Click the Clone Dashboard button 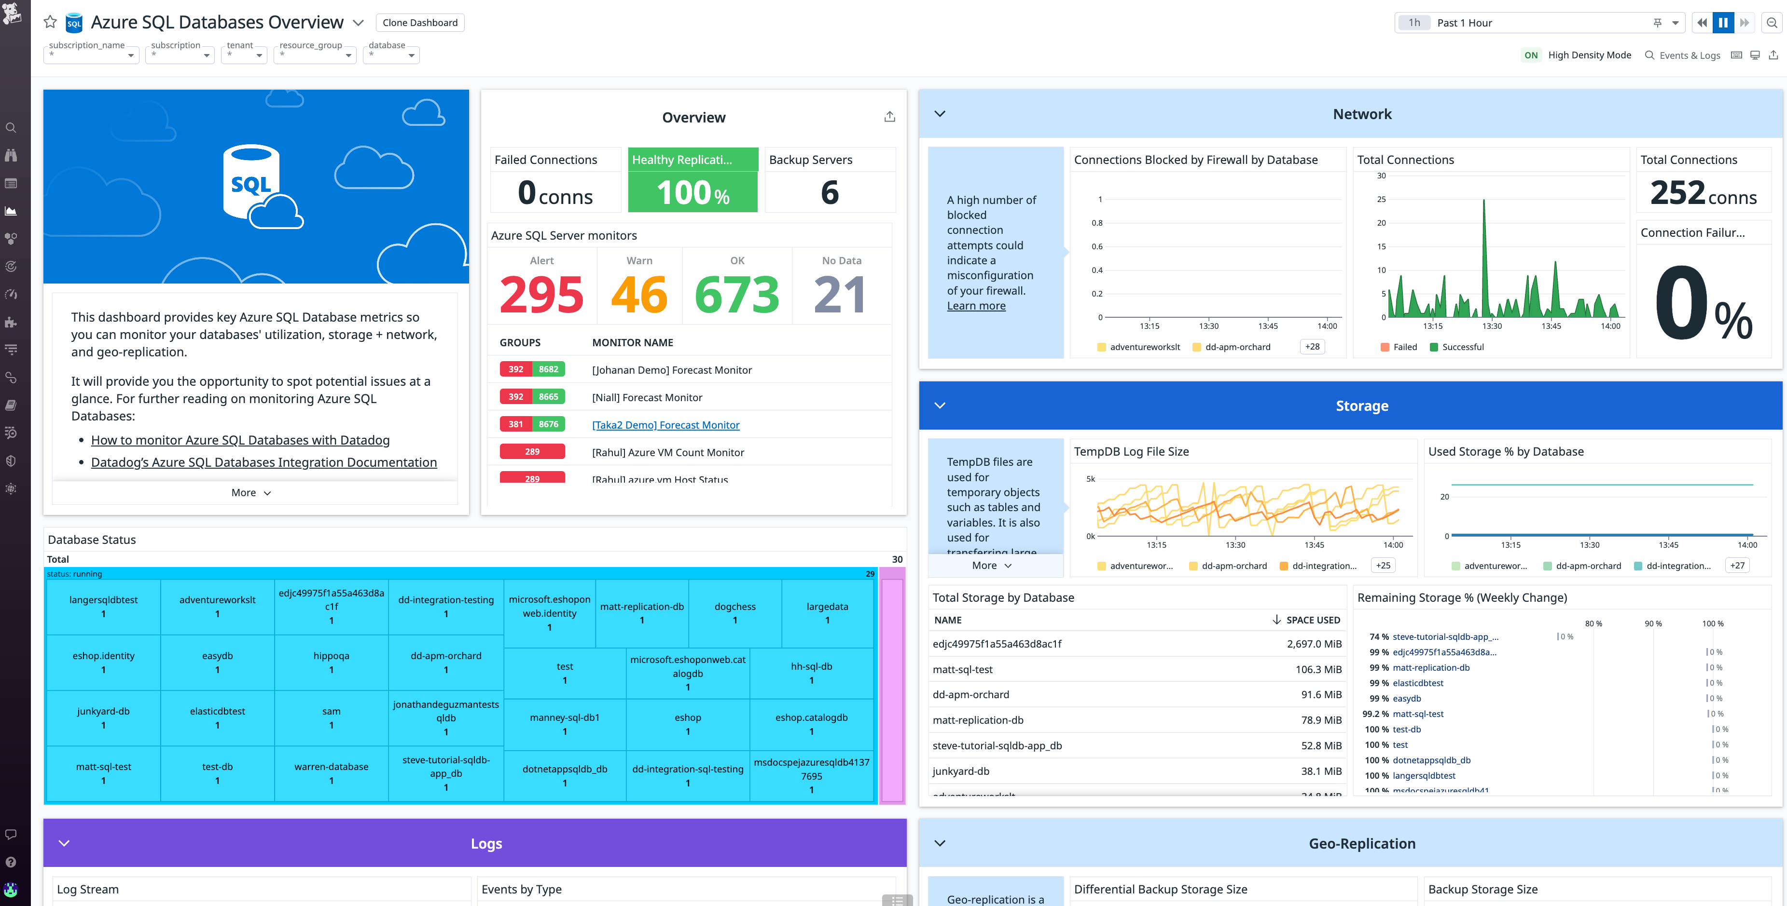pos(420,23)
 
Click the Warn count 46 pos(639,295)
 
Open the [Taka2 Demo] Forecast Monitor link pos(665,425)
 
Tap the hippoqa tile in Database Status pos(331,662)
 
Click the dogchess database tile pos(734,613)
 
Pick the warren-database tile pos(331,773)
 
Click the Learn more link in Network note pos(975,306)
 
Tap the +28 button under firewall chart pos(1312,347)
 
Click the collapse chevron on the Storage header pos(940,406)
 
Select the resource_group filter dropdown pos(315,54)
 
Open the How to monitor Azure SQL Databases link pos(240,440)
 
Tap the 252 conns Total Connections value pos(1703,193)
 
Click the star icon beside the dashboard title pos(50,22)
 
